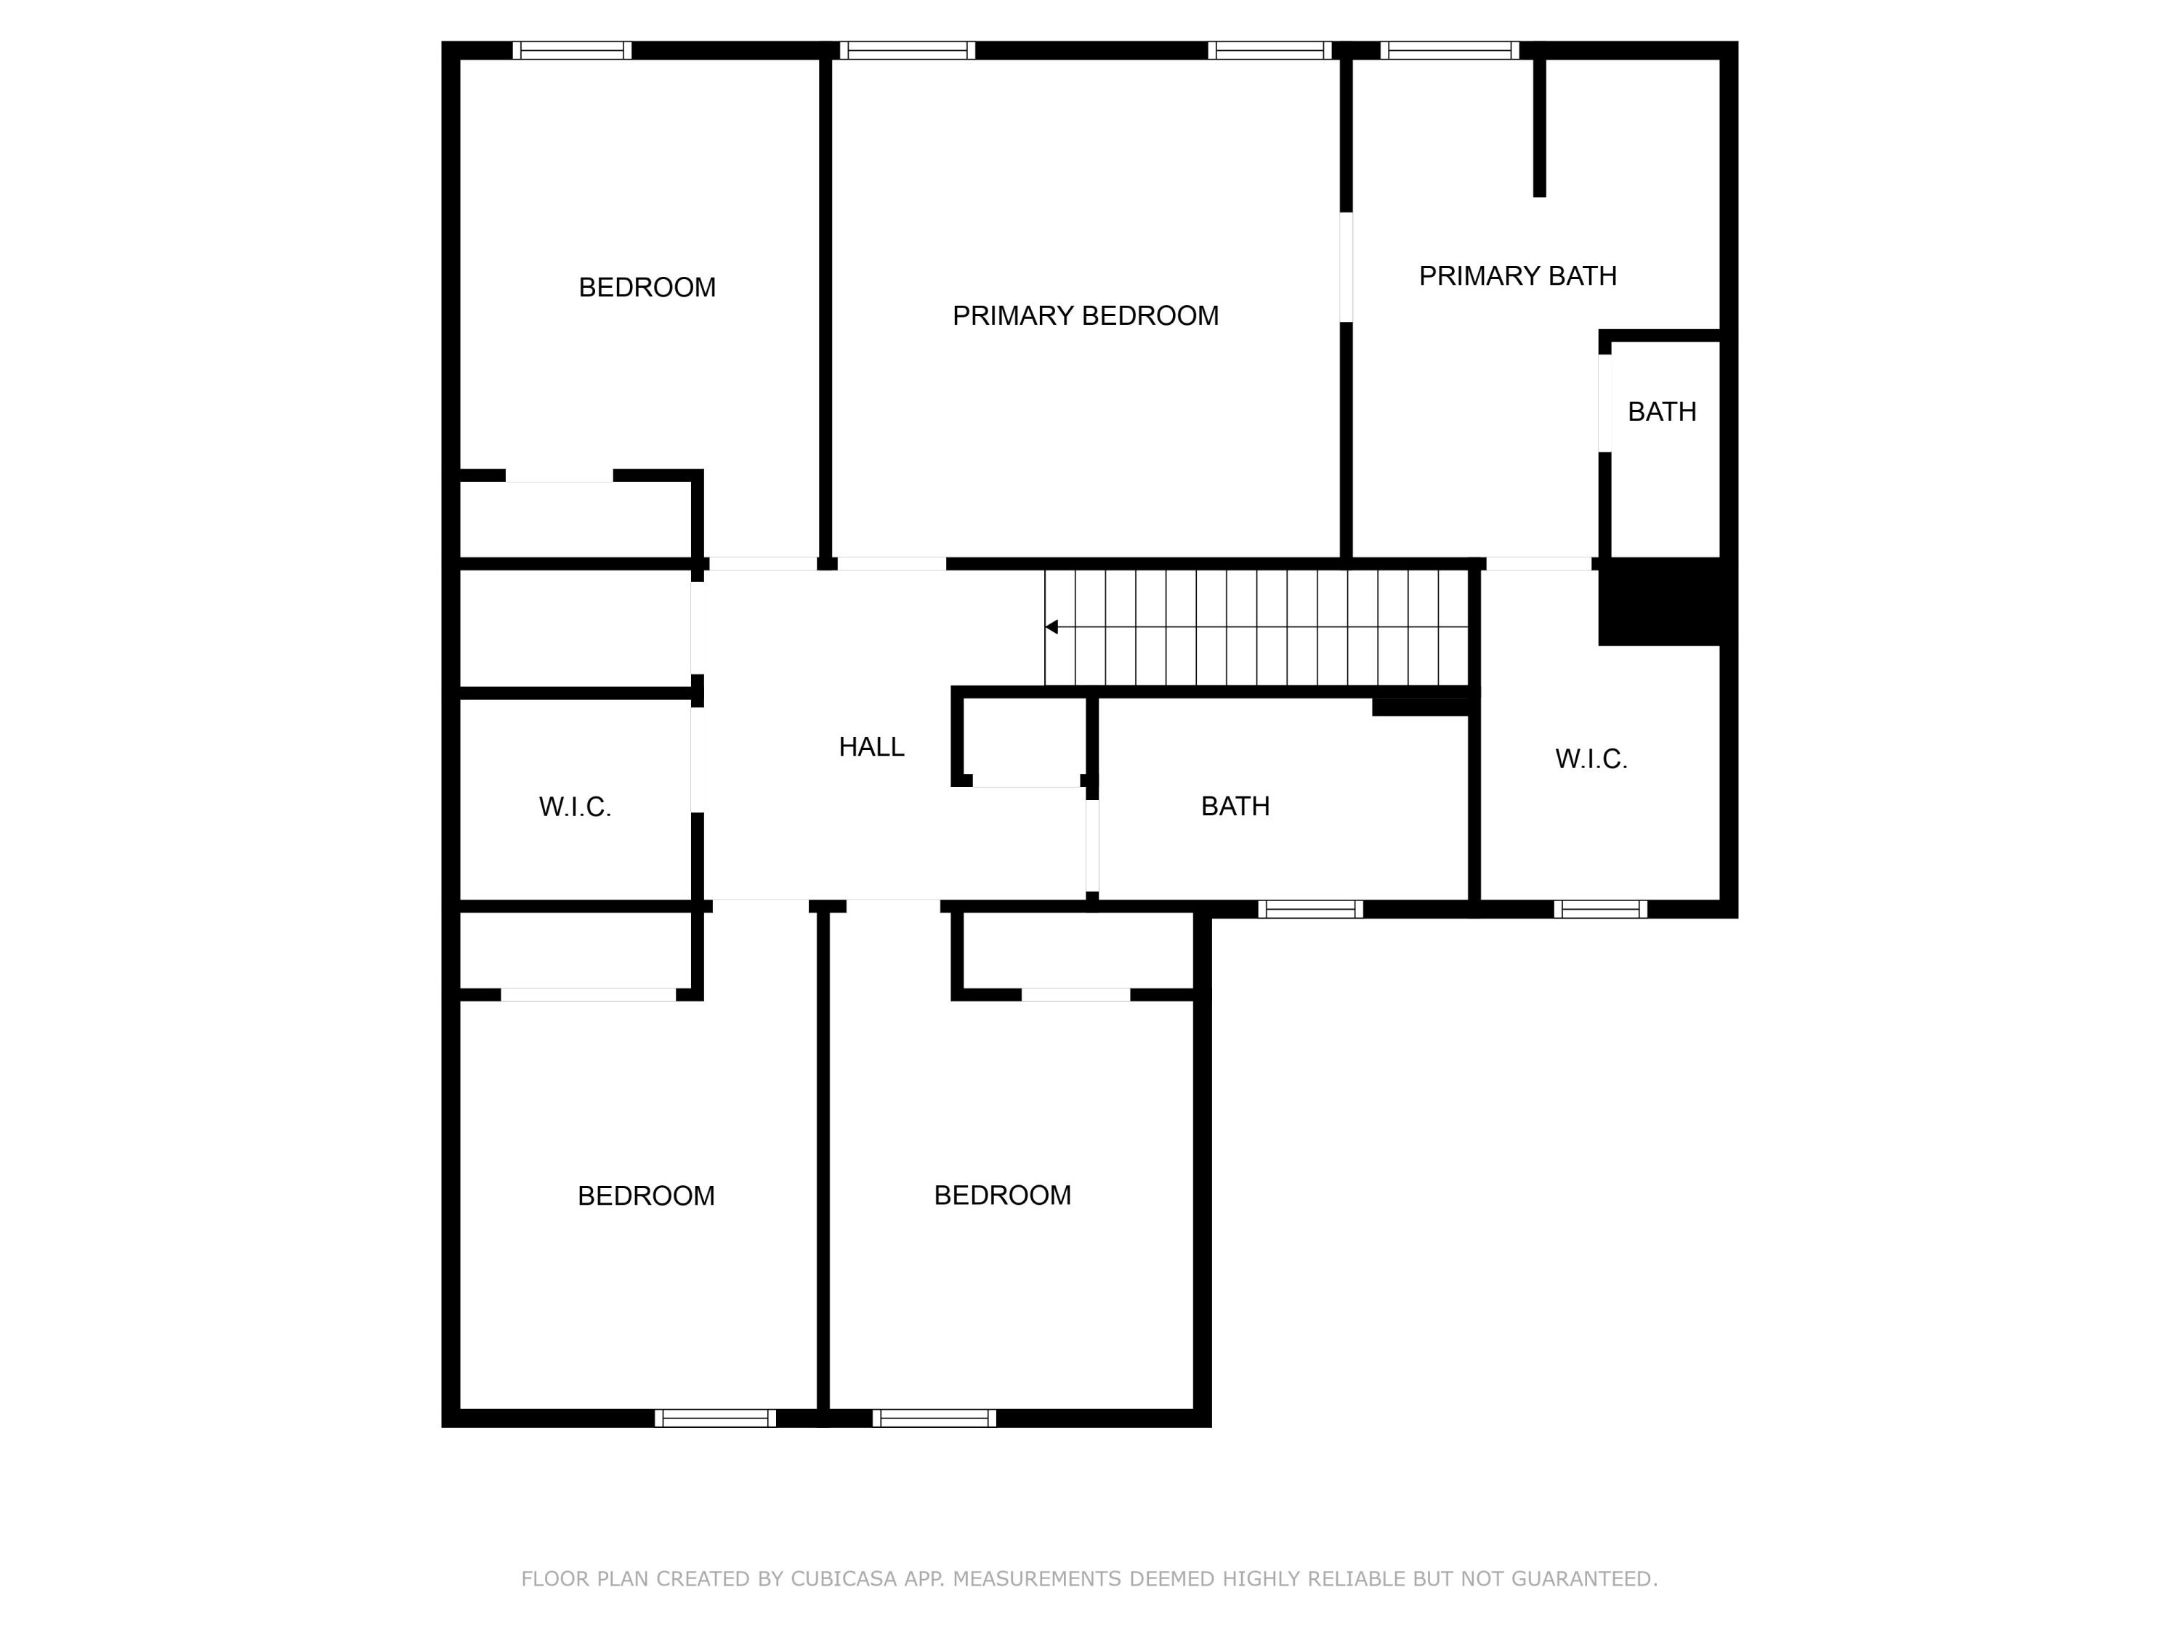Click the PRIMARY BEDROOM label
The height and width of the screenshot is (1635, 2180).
1085,315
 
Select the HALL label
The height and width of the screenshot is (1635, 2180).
871,747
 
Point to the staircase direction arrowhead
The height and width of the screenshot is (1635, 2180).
1051,627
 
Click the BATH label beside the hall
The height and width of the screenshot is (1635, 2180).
1235,806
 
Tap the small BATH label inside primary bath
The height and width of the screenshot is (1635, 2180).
1662,412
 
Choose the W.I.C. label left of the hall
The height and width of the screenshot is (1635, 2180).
575,807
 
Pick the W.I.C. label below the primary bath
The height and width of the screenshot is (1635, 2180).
1591,759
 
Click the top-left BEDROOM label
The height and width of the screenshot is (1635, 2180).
647,288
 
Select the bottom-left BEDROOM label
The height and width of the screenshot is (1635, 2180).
645,1195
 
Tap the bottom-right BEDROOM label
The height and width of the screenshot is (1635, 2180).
1002,1195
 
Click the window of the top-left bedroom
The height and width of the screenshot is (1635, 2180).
572,50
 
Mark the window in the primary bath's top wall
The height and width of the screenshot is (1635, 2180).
1449,50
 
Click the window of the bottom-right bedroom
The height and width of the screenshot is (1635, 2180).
934,1418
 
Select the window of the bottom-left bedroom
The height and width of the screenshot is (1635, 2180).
716,1418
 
